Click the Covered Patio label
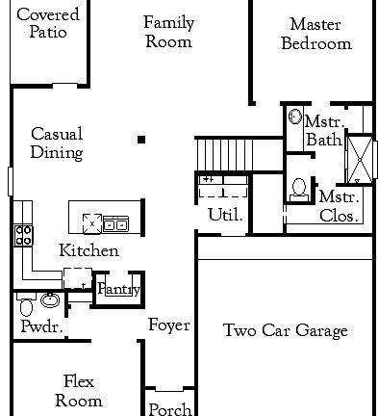point(48,24)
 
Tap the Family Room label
point(167,32)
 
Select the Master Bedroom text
point(320,34)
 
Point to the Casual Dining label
point(57,143)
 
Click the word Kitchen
point(88,250)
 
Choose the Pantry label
point(119,289)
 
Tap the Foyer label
point(168,325)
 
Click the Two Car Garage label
point(285,331)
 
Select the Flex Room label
point(79,390)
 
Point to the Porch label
point(169,409)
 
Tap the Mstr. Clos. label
point(340,207)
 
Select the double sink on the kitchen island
point(116,223)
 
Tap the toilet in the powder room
point(26,308)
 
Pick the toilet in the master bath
point(299,187)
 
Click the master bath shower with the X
point(358,160)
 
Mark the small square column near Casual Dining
point(141,141)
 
